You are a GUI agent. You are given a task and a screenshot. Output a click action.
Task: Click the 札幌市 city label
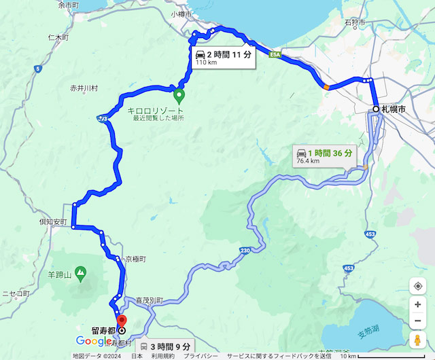click(394, 109)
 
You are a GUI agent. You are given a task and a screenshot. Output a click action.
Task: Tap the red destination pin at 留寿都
click(122, 322)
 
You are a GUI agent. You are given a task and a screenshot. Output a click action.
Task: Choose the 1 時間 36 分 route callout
click(324, 156)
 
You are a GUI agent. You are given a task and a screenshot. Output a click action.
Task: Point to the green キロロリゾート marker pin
click(179, 96)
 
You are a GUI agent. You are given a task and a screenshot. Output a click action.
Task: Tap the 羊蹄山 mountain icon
click(80, 274)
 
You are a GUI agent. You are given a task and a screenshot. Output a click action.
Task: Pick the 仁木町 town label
click(58, 37)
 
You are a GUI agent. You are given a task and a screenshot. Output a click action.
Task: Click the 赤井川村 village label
click(84, 88)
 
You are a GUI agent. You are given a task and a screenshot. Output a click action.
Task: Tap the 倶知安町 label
click(53, 222)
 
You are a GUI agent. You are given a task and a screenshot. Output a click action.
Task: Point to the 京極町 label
click(135, 259)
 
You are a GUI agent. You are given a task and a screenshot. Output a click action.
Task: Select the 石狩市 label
click(354, 22)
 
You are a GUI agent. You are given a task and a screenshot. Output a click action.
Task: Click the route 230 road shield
click(245, 251)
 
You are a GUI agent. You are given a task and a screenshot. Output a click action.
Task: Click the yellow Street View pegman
click(417, 339)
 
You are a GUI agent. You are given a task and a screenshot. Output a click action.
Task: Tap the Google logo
click(94, 341)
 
